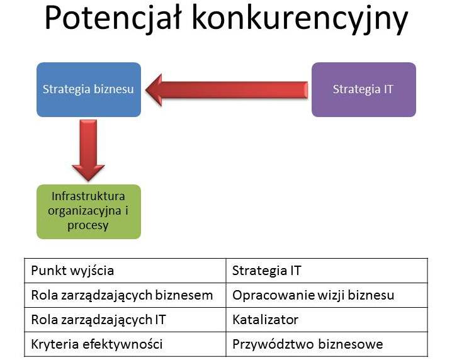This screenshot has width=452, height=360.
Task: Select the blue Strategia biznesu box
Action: pyautogui.click(x=89, y=89)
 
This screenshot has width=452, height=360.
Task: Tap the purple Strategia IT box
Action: pyautogui.click(x=364, y=89)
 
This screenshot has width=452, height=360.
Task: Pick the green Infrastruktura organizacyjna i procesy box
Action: pyautogui.click(x=89, y=211)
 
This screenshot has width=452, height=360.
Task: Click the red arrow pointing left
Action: pyautogui.click(x=227, y=89)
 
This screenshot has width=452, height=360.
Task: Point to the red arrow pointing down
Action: pyautogui.click(x=88, y=150)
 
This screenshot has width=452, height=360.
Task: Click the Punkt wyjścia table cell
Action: pyautogui.click(x=125, y=271)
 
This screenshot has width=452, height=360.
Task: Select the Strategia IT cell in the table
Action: pyautogui.click(x=327, y=271)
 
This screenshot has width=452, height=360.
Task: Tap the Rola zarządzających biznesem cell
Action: pyautogui.click(x=125, y=295)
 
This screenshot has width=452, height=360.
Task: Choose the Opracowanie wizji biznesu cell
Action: pyautogui.click(x=327, y=295)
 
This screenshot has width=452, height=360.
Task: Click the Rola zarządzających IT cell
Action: pyautogui.click(x=125, y=320)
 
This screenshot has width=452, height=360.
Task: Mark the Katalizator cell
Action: pyautogui.click(x=327, y=320)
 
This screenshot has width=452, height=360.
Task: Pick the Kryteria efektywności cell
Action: pyautogui.click(x=125, y=344)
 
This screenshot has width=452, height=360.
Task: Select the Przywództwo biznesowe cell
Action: pyautogui.click(x=327, y=344)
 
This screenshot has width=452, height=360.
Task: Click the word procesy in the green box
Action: pyautogui.click(x=88, y=226)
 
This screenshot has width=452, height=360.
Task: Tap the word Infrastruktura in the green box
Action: pyautogui.click(x=88, y=196)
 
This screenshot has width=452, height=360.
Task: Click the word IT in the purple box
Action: pyautogui.click(x=388, y=89)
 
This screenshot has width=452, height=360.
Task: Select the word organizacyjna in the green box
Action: pyautogui.click(x=85, y=211)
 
